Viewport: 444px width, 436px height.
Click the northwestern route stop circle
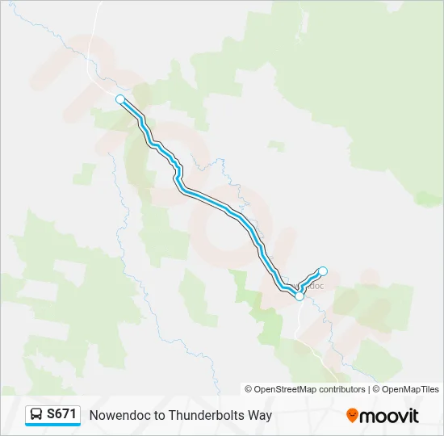(x=120, y=99)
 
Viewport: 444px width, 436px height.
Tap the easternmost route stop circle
(x=323, y=271)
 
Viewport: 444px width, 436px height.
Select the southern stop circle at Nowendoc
(x=299, y=296)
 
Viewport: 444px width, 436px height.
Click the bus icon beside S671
(x=36, y=415)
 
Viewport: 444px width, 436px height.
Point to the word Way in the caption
(x=261, y=416)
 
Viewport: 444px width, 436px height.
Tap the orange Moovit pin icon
(x=352, y=416)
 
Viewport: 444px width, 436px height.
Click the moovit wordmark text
(x=390, y=416)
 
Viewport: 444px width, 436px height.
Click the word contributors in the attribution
(x=341, y=389)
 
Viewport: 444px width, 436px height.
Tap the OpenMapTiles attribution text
(x=411, y=389)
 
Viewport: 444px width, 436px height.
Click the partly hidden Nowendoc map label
(x=316, y=285)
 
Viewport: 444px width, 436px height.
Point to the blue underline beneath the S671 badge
(x=52, y=426)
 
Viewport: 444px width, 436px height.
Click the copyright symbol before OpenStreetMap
(x=249, y=389)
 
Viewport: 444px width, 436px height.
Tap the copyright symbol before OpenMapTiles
(x=376, y=389)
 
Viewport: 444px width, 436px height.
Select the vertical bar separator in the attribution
(x=370, y=389)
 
